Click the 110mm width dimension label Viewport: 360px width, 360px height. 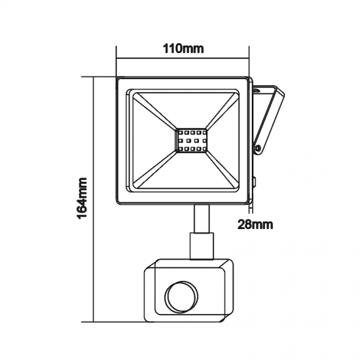pos(183,49)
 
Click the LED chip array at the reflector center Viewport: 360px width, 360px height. pos(190,141)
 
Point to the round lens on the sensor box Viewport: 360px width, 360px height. pos(179,298)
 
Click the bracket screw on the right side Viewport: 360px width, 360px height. pos(260,150)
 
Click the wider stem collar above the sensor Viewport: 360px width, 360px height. pos(201,246)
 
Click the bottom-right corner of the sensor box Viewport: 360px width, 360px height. pos(230,320)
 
